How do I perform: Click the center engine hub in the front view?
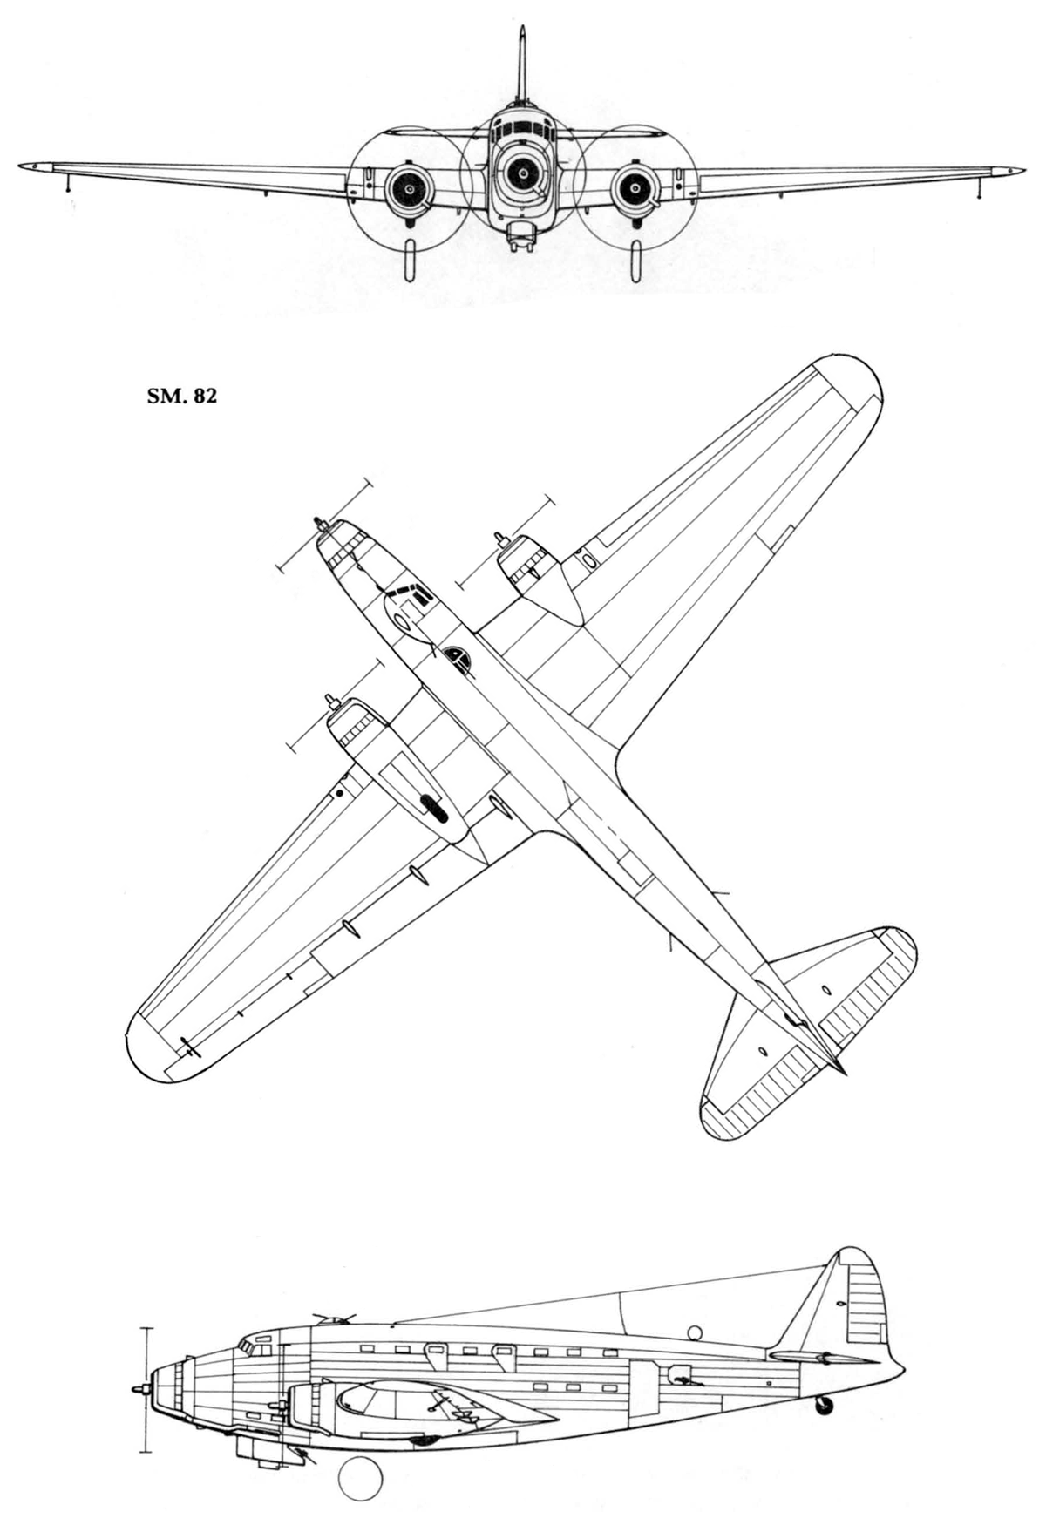pos(522,173)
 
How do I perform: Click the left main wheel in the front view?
pos(410,261)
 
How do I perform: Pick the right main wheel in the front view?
pos(636,261)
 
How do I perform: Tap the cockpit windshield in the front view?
pos(522,128)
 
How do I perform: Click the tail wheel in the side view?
pos(823,1404)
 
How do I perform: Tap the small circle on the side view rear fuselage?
pos(695,1332)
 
